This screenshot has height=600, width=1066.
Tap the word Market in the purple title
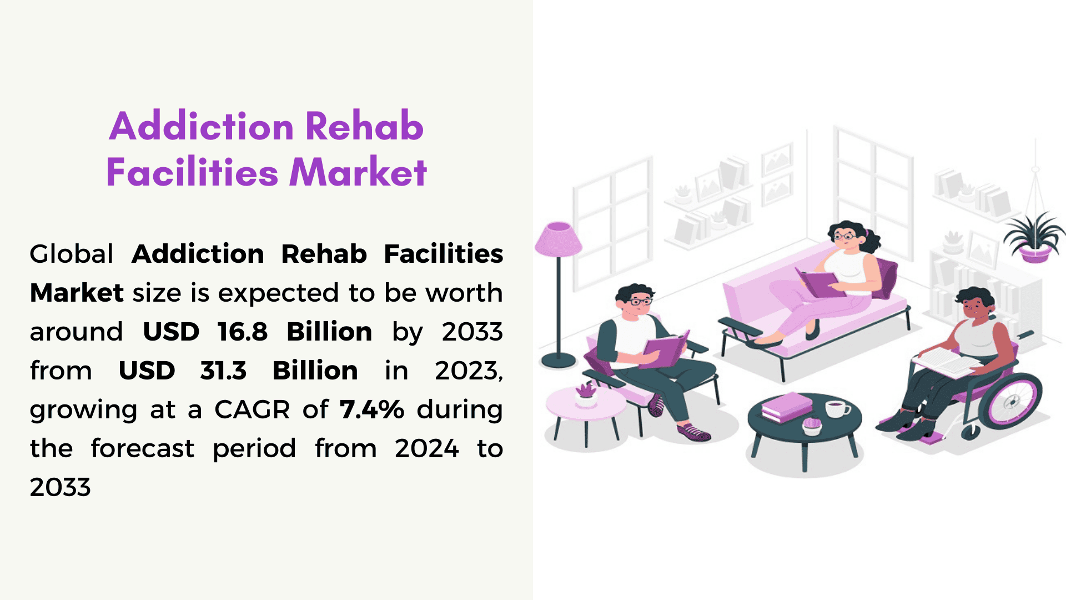click(x=359, y=172)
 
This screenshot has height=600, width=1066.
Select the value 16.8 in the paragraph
click(x=243, y=332)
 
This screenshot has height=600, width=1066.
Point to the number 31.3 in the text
click(x=223, y=371)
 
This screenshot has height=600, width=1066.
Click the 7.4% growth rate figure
click(x=372, y=409)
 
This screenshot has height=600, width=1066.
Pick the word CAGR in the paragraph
click(x=252, y=410)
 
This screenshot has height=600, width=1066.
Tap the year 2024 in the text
click(x=427, y=448)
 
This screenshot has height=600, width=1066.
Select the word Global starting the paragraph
click(x=72, y=254)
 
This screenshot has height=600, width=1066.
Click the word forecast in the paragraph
click(x=143, y=448)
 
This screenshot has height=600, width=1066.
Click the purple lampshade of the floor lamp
click(x=558, y=239)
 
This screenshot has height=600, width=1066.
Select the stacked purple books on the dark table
click(x=787, y=407)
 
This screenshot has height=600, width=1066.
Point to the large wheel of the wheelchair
click(x=1010, y=399)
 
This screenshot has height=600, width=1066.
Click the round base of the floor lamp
click(x=559, y=360)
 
